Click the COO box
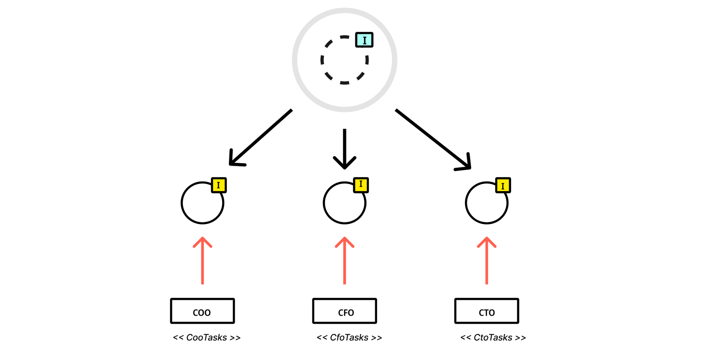point(202,311)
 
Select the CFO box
point(344,311)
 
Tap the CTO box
point(487,311)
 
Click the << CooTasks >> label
point(207,338)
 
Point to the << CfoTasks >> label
point(349,338)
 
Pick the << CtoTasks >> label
point(493,338)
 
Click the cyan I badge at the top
point(364,40)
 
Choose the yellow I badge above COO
point(219,185)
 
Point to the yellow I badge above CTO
point(503,185)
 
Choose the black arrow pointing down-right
point(433,139)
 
